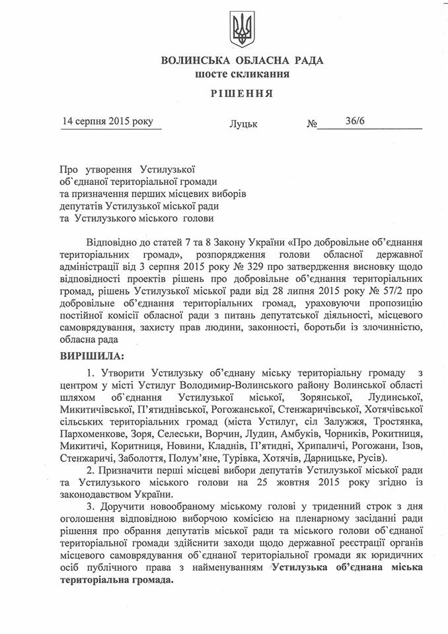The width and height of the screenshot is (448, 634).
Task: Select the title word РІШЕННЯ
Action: click(x=242, y=93)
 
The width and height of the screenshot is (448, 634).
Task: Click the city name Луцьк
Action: click(x=244, y=123)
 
